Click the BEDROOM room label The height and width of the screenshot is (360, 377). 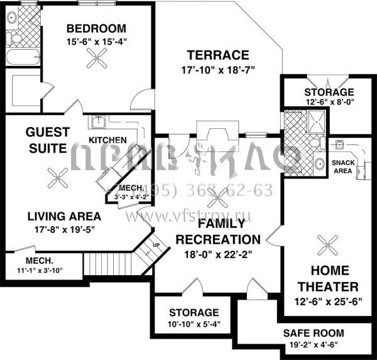[96, 28]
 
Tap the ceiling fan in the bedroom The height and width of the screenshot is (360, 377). [97, 60]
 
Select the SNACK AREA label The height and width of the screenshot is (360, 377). [342, 166]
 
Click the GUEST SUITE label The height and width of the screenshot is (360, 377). [47, 140]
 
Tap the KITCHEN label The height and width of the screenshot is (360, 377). [107, 139]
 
